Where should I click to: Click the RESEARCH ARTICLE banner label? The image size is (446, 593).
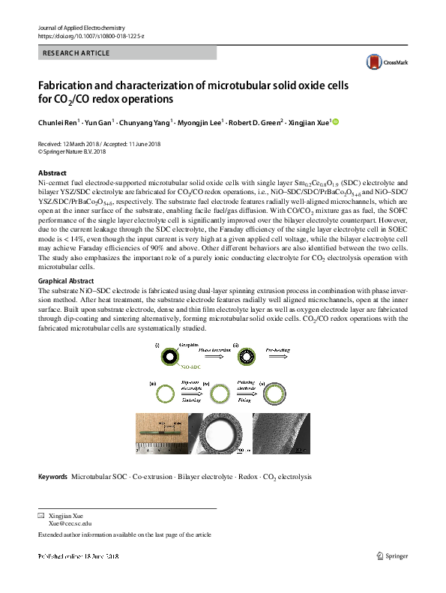77,53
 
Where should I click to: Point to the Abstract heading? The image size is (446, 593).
52,172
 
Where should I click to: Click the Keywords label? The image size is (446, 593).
52,476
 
